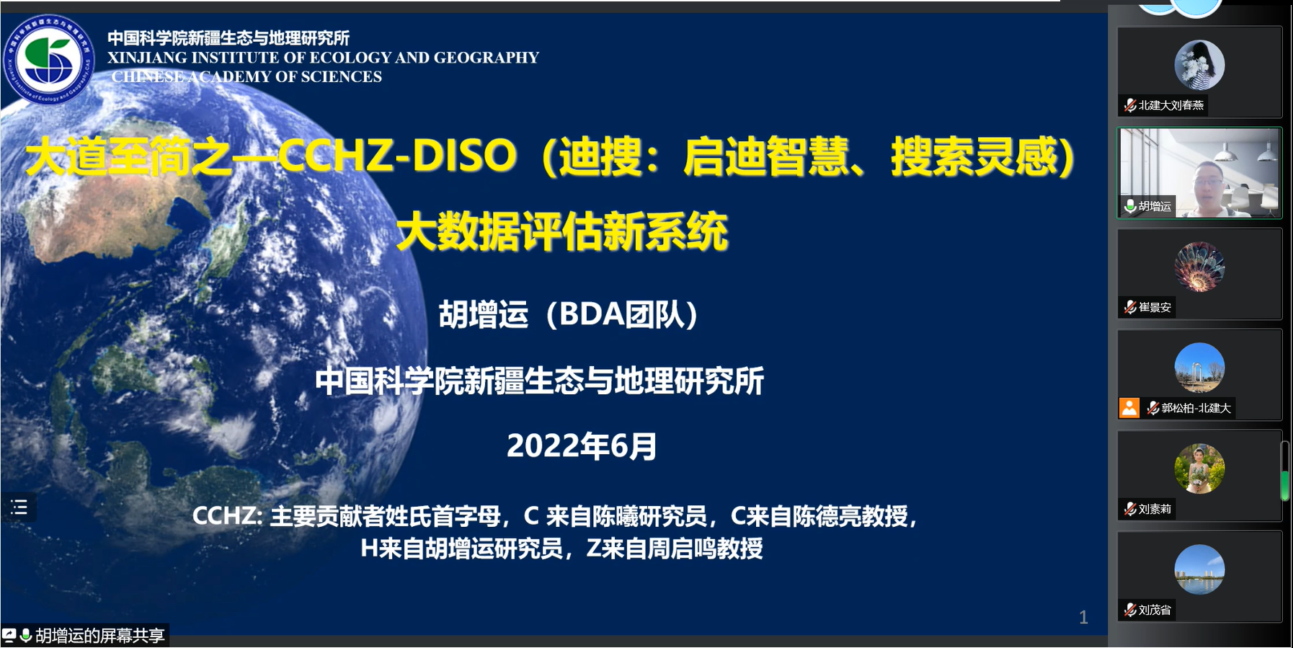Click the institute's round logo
point(48,59)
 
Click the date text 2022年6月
point(582,446)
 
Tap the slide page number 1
point(1083,617)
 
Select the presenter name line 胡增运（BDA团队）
point(568,314)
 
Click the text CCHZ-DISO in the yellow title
point(397,156)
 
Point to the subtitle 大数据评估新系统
point(562,231)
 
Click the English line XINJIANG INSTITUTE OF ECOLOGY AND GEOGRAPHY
point(323,58)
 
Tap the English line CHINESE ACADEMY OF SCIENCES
point(246,76)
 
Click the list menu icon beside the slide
point(19,507)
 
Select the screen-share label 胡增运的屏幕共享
point(100,635)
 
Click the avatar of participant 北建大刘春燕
point(1199,65)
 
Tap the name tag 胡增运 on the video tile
point(1155,206)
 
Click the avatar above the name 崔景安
point(1199,267)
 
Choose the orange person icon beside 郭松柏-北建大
point(1129,408)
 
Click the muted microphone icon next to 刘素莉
point(1130,509)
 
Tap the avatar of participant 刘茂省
point(1199,569)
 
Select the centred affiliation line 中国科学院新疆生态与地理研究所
point(539,381)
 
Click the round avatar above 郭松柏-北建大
point(1199,368)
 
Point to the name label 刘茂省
point(1155,610)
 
